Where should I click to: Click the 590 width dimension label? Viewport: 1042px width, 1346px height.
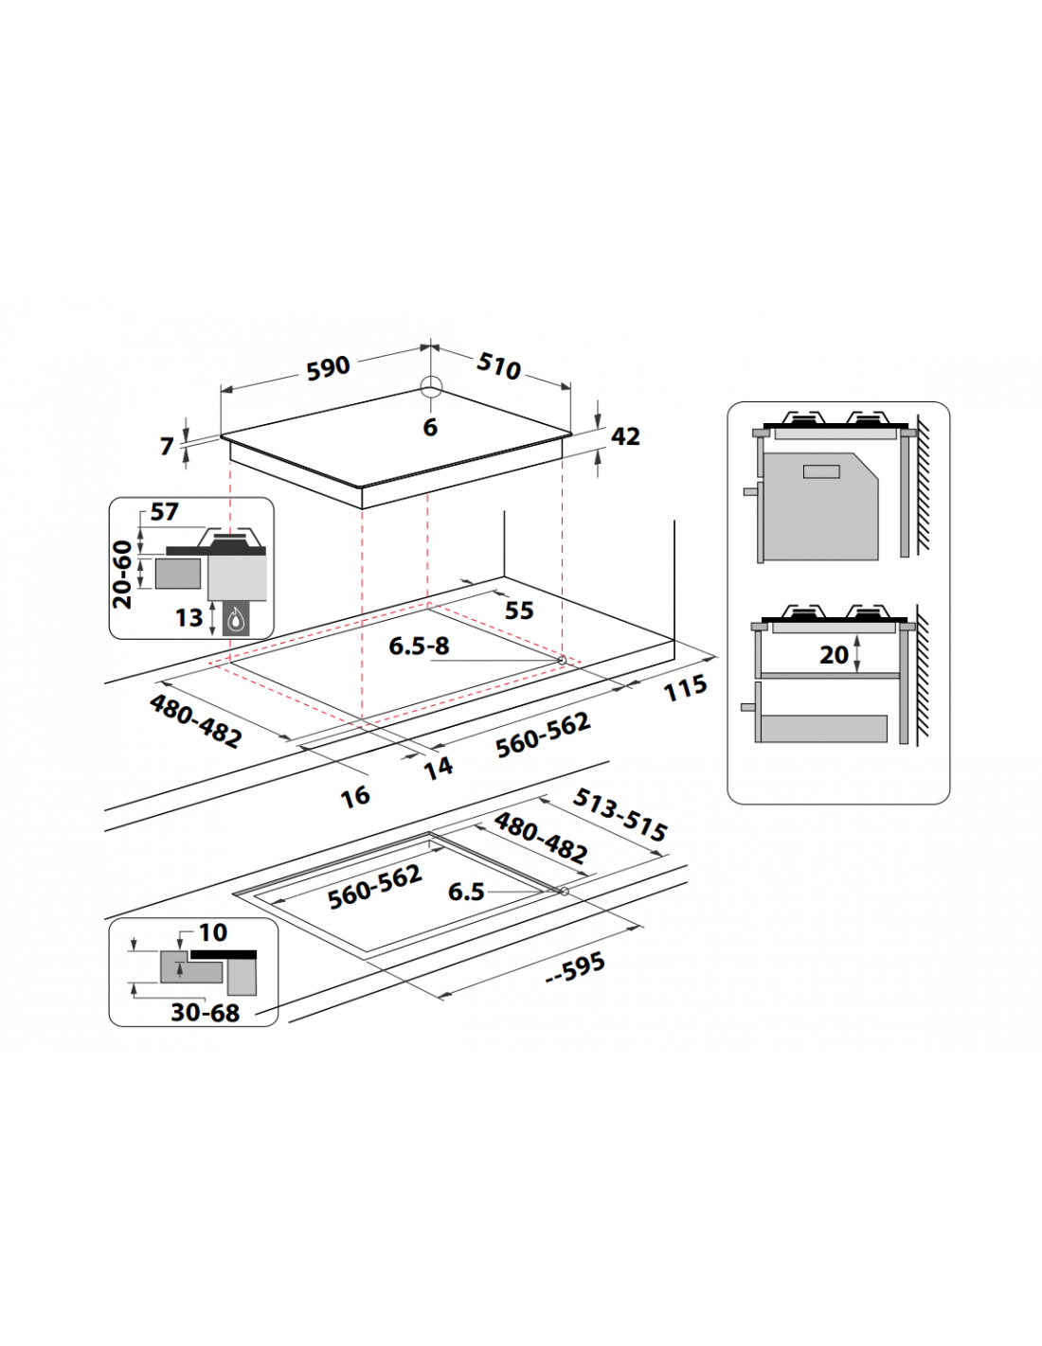pyautogui.click(x=328, y=368)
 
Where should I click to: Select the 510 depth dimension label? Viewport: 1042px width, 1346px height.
pyautogui.click(x=498, y=366)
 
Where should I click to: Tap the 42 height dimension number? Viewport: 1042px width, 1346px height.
pyautogui.click(x=625, y=436)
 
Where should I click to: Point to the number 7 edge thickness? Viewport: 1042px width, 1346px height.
pyautogui.click(x=167, y=446)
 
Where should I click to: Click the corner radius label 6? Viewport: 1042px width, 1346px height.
pyautogui.click(x=430, y=428)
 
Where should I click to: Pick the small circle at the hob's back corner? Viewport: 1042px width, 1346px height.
pyautogui.click(x=431, y=387)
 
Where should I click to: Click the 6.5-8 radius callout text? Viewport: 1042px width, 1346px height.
pyautogui.click(x=419, y=646)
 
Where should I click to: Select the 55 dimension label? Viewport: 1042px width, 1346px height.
pyautogui.click(x=519, y=611)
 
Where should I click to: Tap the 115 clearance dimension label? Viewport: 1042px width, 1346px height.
pyautogui.click(x=685, y=687)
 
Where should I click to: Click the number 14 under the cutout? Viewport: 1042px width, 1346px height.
pyautogui.click(x=439, y=768)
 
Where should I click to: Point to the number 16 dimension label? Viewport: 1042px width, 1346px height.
pyautogui.click(x=355, y=797)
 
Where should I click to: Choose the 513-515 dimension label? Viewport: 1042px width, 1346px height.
pyautogui.click(x=620, y=815)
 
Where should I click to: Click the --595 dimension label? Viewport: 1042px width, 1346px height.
pyautogui.click(x=575, y=967)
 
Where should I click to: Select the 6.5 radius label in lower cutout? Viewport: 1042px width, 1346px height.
pyautogui.click(x=466, y=892)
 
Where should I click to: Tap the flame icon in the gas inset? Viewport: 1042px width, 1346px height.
pyautogui.click(x=236, y=618)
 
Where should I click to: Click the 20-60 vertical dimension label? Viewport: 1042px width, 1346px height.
pyautogui.click(x=122, y=575)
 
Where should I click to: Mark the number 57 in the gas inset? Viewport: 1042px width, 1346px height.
pyautogui.click(x=164, y=512)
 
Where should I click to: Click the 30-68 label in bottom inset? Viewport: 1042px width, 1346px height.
pyautogui.click(x=206, y=1013)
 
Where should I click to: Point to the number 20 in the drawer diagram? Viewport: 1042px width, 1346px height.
pyautogui.click(x=834, y=655)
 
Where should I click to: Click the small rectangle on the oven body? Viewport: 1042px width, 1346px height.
pyautogui.click(x=821, y=471)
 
